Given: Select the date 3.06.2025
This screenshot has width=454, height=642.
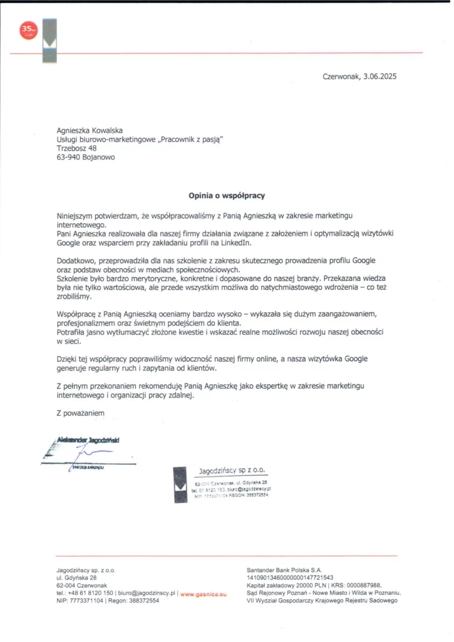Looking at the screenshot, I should click(x=380, y=76).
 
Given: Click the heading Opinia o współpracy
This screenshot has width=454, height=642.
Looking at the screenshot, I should click(x=227, y=196).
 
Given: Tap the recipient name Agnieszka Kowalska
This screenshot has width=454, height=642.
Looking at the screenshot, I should click(x=90, y=130).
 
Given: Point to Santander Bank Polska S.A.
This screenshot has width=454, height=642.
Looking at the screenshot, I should click(x=284, y=570).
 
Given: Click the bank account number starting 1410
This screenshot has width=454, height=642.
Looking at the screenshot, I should click(x=290, y=577).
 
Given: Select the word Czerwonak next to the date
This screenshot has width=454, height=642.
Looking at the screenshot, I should click(x=341, y=76).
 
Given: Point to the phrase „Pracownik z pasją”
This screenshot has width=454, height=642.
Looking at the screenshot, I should click(x=190, y=139).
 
